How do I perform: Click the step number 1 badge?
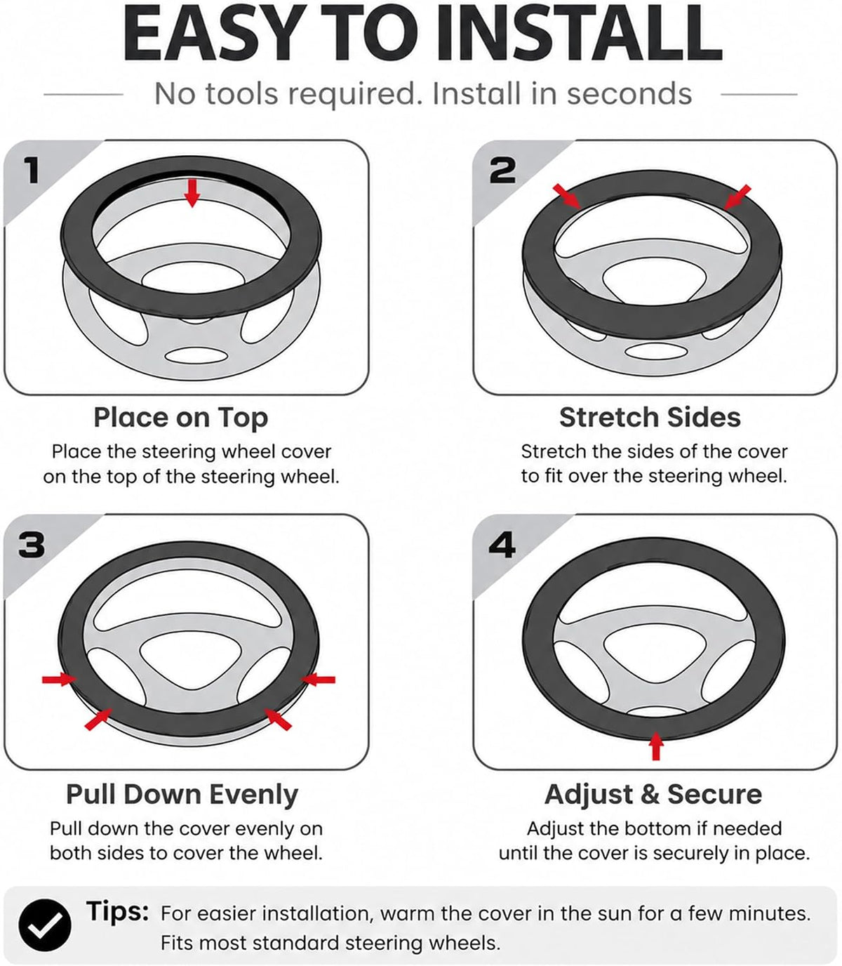[x=32, y=170]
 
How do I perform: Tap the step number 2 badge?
[x=502, y=170]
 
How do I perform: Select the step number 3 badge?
[x=32, y=545]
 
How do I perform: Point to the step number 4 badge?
[x=502, y=545]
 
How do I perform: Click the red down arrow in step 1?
[x=192, y=192]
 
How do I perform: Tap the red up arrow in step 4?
[x=655, y=746]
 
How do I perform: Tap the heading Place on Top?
[x=180, y=418]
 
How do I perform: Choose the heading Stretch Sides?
[x=650, y=418]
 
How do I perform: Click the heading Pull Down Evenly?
[x=182, y=794]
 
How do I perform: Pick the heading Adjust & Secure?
[x=653, y=794]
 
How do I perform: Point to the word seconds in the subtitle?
[x=629, y=94]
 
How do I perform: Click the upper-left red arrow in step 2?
[x=567, y=197]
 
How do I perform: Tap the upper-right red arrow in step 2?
[x=737, y=197]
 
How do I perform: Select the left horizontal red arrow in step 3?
[x=59, y=680]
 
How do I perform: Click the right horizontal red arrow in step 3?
[x=318, y=680]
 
